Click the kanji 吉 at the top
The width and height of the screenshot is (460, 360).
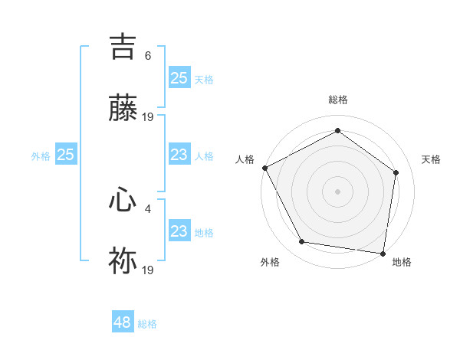pos(123,46)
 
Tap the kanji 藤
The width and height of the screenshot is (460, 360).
pos(123,108)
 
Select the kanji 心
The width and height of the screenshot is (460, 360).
pos(123,200)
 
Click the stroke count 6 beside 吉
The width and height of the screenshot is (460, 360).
pos(148,55)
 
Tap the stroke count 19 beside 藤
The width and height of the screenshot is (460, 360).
pos(148,116)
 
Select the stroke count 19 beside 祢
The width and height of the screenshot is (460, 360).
pos(148,270)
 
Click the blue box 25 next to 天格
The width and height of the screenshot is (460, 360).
pos(179,78)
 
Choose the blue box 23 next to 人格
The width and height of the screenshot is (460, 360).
pos(179,155)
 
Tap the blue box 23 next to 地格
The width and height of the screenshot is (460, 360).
pos(179,231)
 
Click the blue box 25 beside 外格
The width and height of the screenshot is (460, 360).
pos(66,155)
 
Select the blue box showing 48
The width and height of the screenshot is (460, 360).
pos(123,322)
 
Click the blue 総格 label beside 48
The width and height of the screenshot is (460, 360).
pos(147,324)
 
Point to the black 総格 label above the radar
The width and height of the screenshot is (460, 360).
pos(338,100)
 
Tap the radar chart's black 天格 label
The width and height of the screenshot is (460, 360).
pos(431,159)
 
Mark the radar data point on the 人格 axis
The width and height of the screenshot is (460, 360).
pos(264,167)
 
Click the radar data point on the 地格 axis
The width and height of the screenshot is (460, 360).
pos(383,253)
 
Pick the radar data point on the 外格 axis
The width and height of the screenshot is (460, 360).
pos(302,242)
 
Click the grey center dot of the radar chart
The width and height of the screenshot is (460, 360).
pos(338,191)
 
